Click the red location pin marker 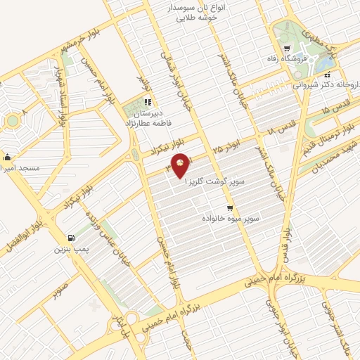pos(181,165)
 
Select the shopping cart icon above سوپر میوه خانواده pos(230,208)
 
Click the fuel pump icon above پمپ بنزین pos(70,238)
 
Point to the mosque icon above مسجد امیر pos(7,157)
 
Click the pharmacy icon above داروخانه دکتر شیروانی pos(328,73)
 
